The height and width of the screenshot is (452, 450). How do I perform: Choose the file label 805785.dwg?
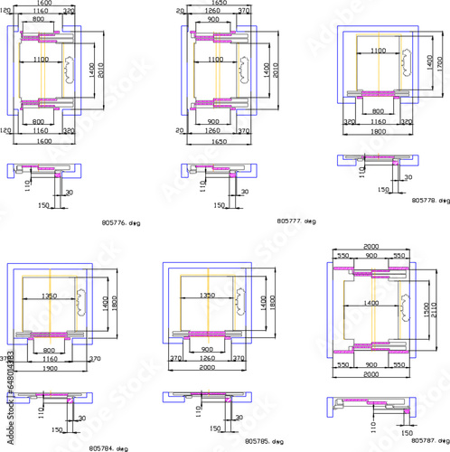point(264,442)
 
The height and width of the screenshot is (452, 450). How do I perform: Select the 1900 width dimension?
point(49,368)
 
